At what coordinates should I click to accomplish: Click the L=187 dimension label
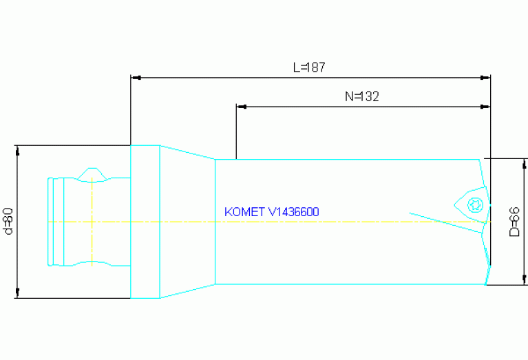(x=308, y=68)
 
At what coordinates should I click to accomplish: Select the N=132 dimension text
(x=362, y=97)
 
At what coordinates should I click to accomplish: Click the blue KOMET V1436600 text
(x=271, y=212)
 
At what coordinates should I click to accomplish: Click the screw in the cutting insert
(x=473, y=204)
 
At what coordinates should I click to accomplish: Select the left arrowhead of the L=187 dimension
(x=136, y=77)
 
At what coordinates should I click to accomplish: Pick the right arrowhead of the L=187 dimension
(x=485, y=77)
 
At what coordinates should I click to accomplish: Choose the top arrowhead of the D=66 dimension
(x=525, y=162)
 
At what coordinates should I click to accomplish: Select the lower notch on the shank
(x=91, y=264)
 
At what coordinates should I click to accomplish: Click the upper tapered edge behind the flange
(x=187, y=152)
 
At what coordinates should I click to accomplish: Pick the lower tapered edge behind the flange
(x=187, y=291)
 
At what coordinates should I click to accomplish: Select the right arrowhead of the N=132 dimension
(x=485, y=107)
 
